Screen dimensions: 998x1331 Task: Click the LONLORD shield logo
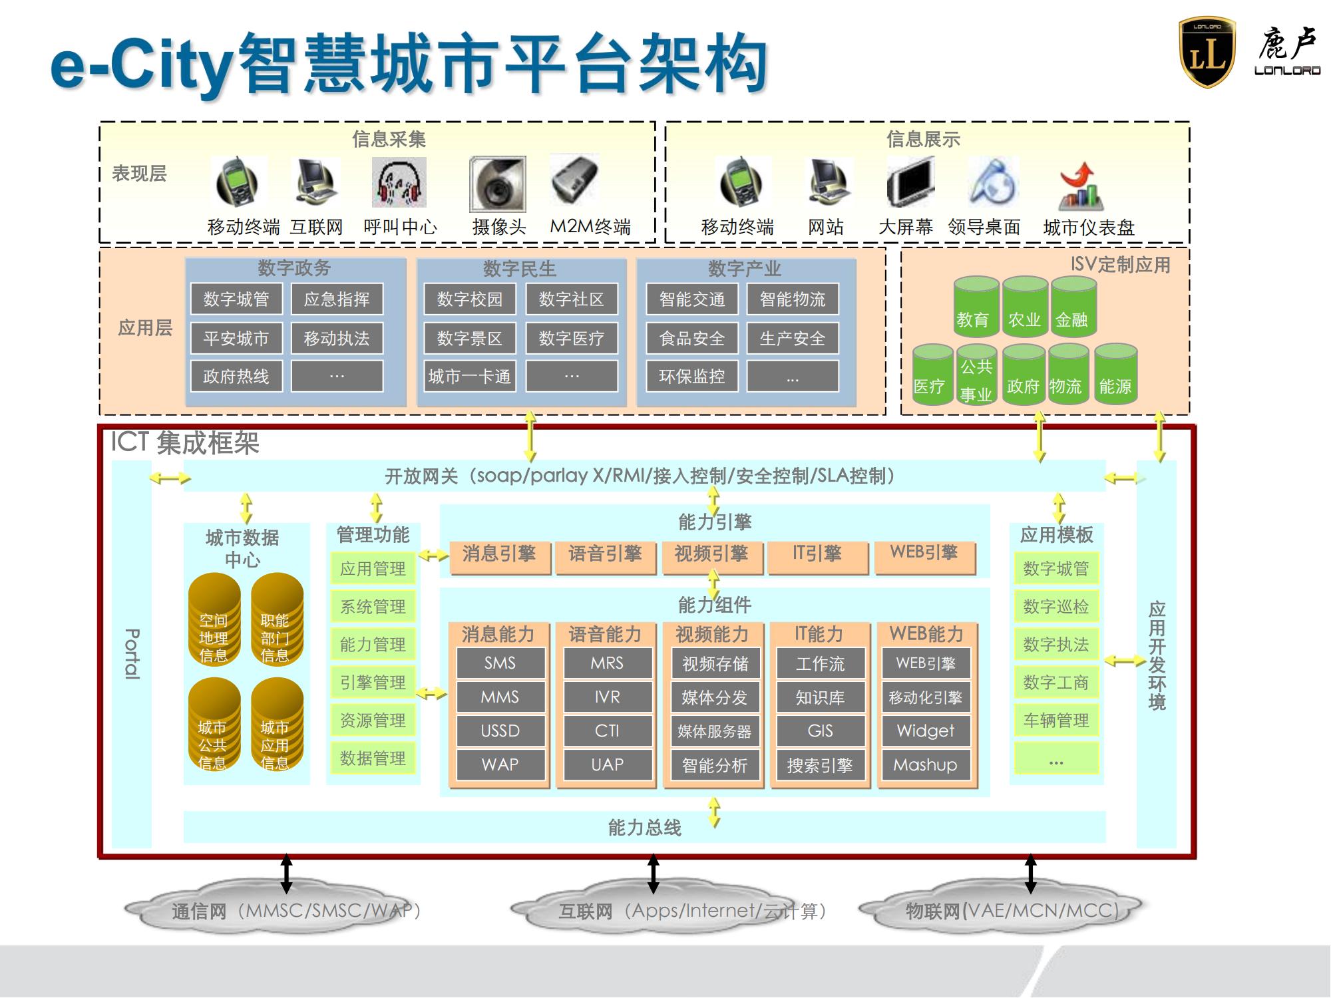click(1207, 53)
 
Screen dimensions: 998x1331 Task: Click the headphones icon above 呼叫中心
click(399, 183)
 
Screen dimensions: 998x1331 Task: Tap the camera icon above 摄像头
click(497, 184)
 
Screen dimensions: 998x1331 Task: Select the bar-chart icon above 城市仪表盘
click(1081, 188)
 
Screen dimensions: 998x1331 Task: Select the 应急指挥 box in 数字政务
click(337, 299)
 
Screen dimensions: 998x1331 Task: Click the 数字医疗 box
click(571, 338)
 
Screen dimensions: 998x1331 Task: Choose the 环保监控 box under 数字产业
click(691, 377)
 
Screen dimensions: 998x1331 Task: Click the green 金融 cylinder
click(1073, 307)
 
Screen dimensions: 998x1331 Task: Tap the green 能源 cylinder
click(1115, 374)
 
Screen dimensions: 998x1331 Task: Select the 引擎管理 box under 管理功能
click(373, 682)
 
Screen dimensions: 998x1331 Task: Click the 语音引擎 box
click(605, 554)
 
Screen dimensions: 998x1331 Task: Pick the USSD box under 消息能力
click(500, 731)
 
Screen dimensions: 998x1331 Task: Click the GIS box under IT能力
click(820, 731)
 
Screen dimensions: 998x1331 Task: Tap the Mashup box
click(925, 764)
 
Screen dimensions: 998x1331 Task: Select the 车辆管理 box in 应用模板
click(1055, 720)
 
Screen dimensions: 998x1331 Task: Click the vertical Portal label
click(132, 653)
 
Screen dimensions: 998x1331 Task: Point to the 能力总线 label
click(644, 827)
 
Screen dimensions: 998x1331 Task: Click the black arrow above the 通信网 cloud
click(286, 874)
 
